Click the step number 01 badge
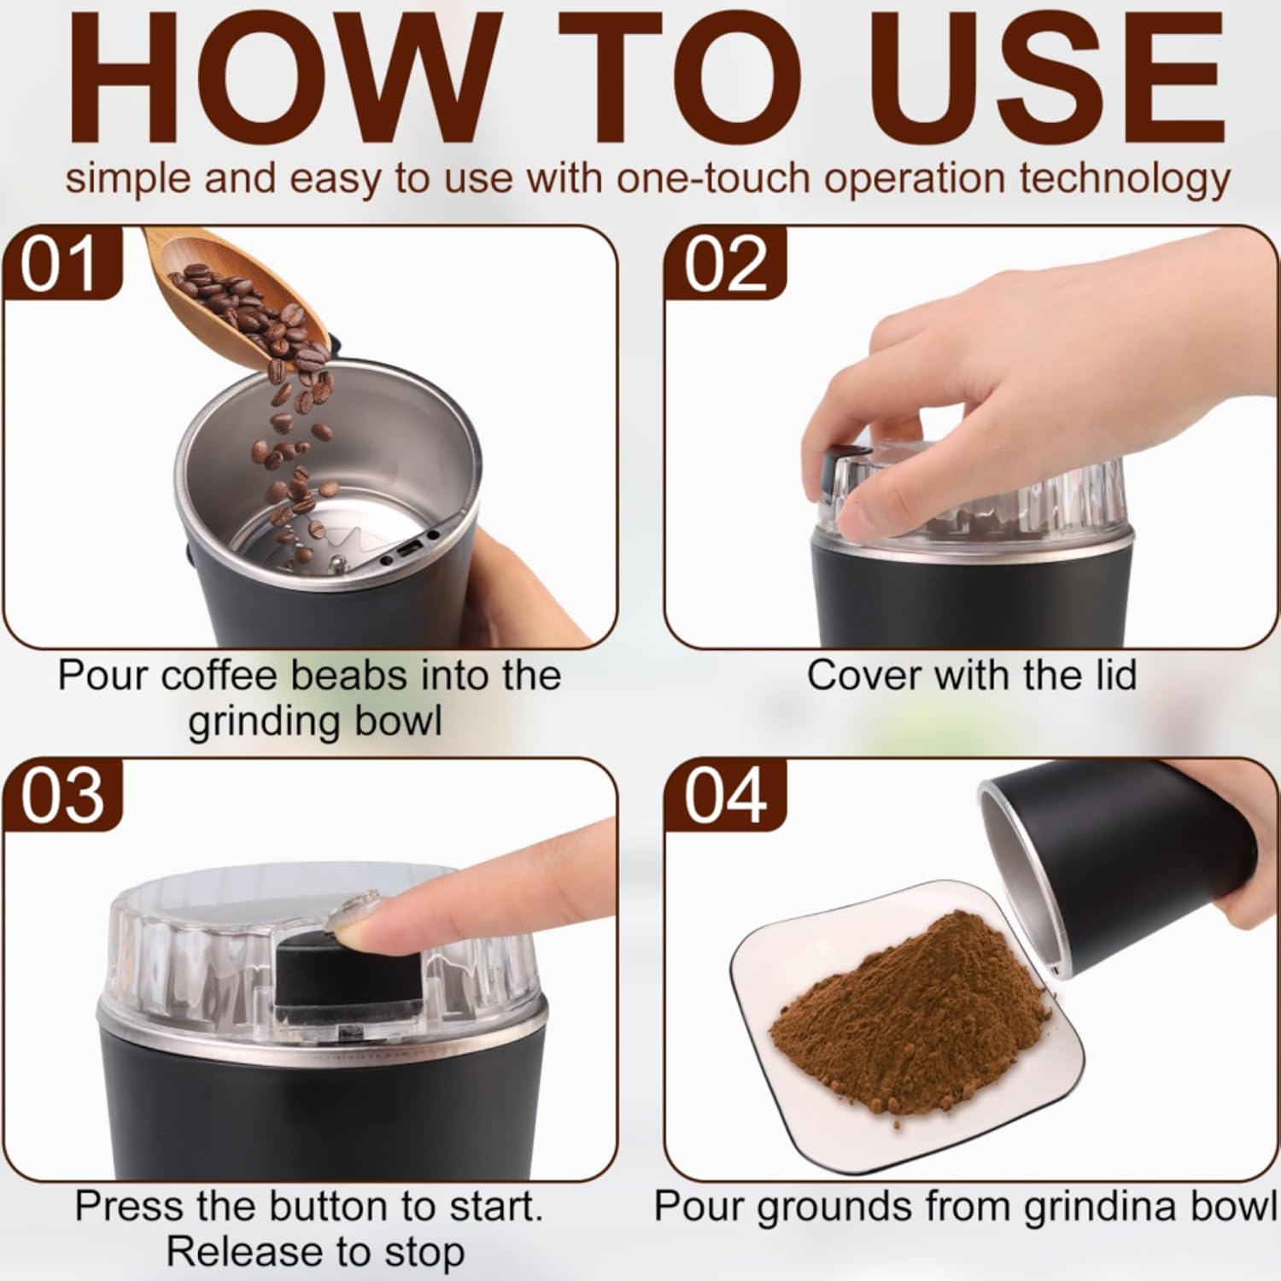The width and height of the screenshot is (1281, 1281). point(61,266)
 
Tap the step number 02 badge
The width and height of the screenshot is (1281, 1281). point(725,266)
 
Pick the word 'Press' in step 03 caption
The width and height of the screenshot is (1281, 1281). point(129,1207)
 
